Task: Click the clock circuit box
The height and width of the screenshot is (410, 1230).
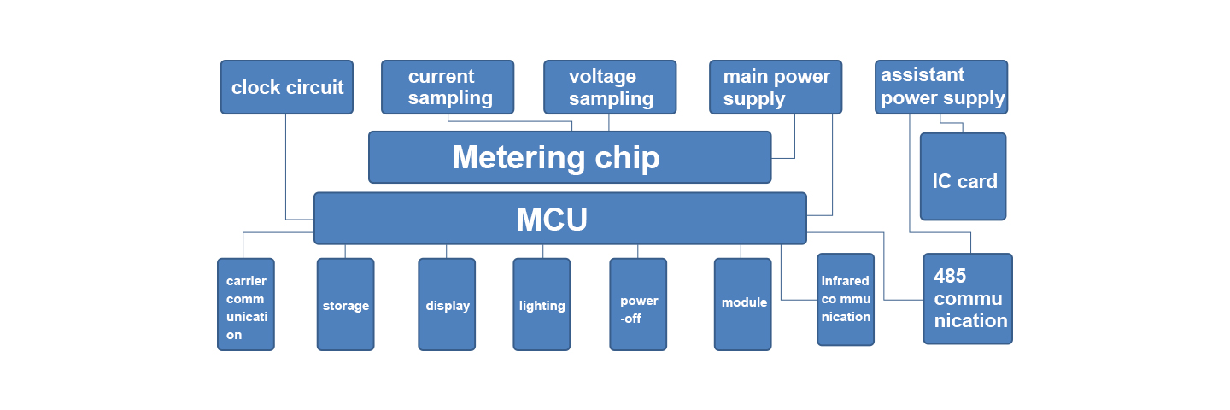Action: pyautogui.click(x=286, y=87)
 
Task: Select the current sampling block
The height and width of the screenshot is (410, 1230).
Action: pyautogui.click(x=448, y=87)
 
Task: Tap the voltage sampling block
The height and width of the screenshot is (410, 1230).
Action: pyautogui.click(x=610, y=87)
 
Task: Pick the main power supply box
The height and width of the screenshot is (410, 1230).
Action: pyautogui.click(x=776, y=87)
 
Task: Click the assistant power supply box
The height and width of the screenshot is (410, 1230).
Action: pyautogui.click(x=941, y=87)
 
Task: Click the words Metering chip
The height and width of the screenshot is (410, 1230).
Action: pyautogui.click(x=555, y=158)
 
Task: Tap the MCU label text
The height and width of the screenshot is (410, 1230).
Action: pyautogui.click(x=552, y=220)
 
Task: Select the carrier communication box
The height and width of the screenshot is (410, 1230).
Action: pyautogui.click(x=246, y=305)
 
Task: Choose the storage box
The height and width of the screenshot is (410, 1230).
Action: pyautogui.click(x=345, y=305)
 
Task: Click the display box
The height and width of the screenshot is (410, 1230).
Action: pyautogui.click(x=447, y=305)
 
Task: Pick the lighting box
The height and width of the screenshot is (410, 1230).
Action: pyautogui.click(x=542, y=305)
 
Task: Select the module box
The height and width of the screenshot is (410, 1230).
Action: pyautogui.click(x=743, y=303)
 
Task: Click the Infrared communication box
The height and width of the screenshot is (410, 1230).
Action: pyautogui.click(x=846, y=299)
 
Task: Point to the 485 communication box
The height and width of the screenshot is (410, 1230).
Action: pyautogui.click(x=968, y=299)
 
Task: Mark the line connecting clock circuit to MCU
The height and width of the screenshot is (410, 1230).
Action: pyautogui.click(x=285, y=171)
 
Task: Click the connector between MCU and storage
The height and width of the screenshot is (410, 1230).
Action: pyautogui.click(x=345, y=251)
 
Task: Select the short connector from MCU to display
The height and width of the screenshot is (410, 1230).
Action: pyautogui.click(x=447, y=251)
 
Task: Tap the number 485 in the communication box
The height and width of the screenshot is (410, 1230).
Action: pyautogui.click(x=950, y=276)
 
